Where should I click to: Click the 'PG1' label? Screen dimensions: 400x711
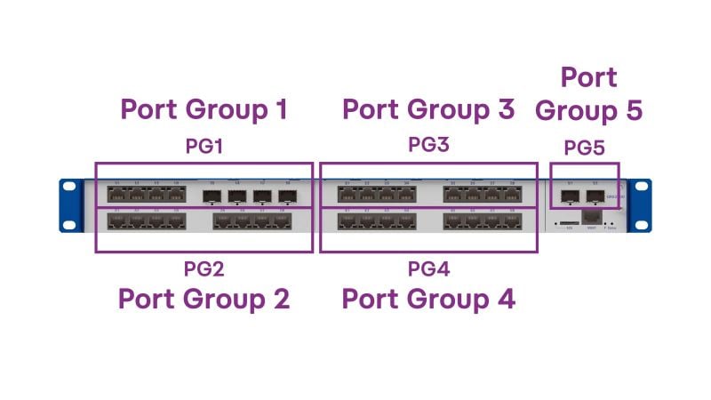pos(204,147)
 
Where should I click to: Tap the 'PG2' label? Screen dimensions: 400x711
pos(204,268)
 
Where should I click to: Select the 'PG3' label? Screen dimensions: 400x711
pos(429,145)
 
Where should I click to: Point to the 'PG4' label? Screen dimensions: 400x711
pos(429,268)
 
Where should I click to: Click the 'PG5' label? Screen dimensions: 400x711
pos(584,148)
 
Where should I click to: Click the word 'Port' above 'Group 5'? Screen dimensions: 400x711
pos(588,78)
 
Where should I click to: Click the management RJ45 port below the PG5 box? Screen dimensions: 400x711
pos(591,217)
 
